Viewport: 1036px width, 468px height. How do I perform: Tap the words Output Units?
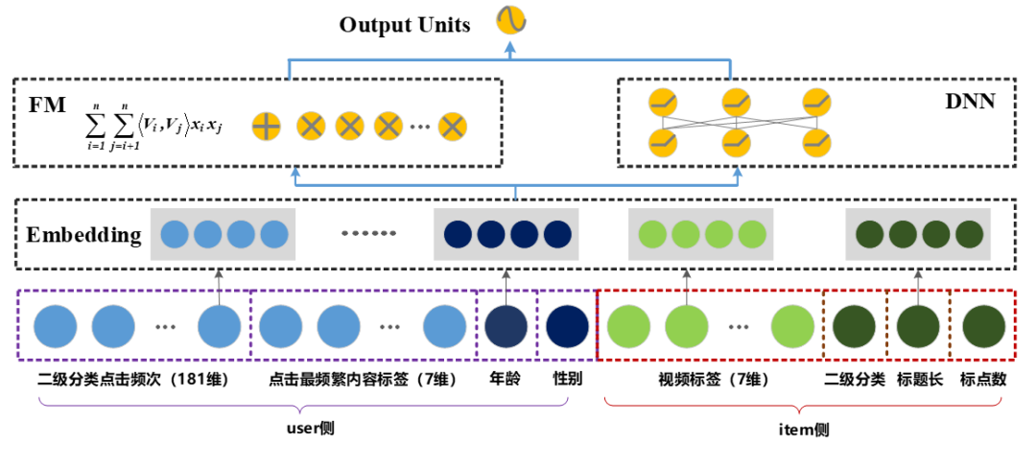click(405, 24)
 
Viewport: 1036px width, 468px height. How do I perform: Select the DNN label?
click(967, 101)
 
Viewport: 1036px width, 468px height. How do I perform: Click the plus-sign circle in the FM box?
click(266, 126)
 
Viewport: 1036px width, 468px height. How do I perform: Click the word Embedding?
click(84, 235)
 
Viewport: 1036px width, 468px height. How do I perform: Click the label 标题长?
click(919, 379)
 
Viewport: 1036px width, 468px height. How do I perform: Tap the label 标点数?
click(983, 379)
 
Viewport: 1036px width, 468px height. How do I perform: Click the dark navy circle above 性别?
click(567, 325)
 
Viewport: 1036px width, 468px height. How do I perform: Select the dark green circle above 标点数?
click(983, 325)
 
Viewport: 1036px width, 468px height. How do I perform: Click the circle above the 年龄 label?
click(506, 325)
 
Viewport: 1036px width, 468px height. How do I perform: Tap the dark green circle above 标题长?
click(919, 325)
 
